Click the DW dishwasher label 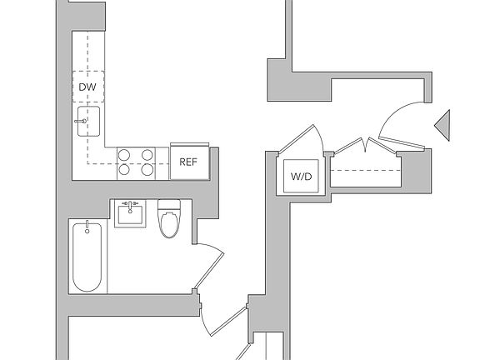pos(87,87)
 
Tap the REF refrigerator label pos(188,162)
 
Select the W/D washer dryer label pos(301,177)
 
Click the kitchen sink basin pos(88,121)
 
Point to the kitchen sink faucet pos(80,121)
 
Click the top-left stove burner pos(124,155)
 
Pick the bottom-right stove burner pos(147,169)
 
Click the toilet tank pos(169,204)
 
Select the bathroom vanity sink pos(130,214)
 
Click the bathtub pos(87,257)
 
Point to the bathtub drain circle pos(87,231)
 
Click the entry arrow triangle pos(442,126)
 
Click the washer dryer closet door pos(296,140)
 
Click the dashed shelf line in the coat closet pos(366,170)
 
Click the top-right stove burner pos(147,155)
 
